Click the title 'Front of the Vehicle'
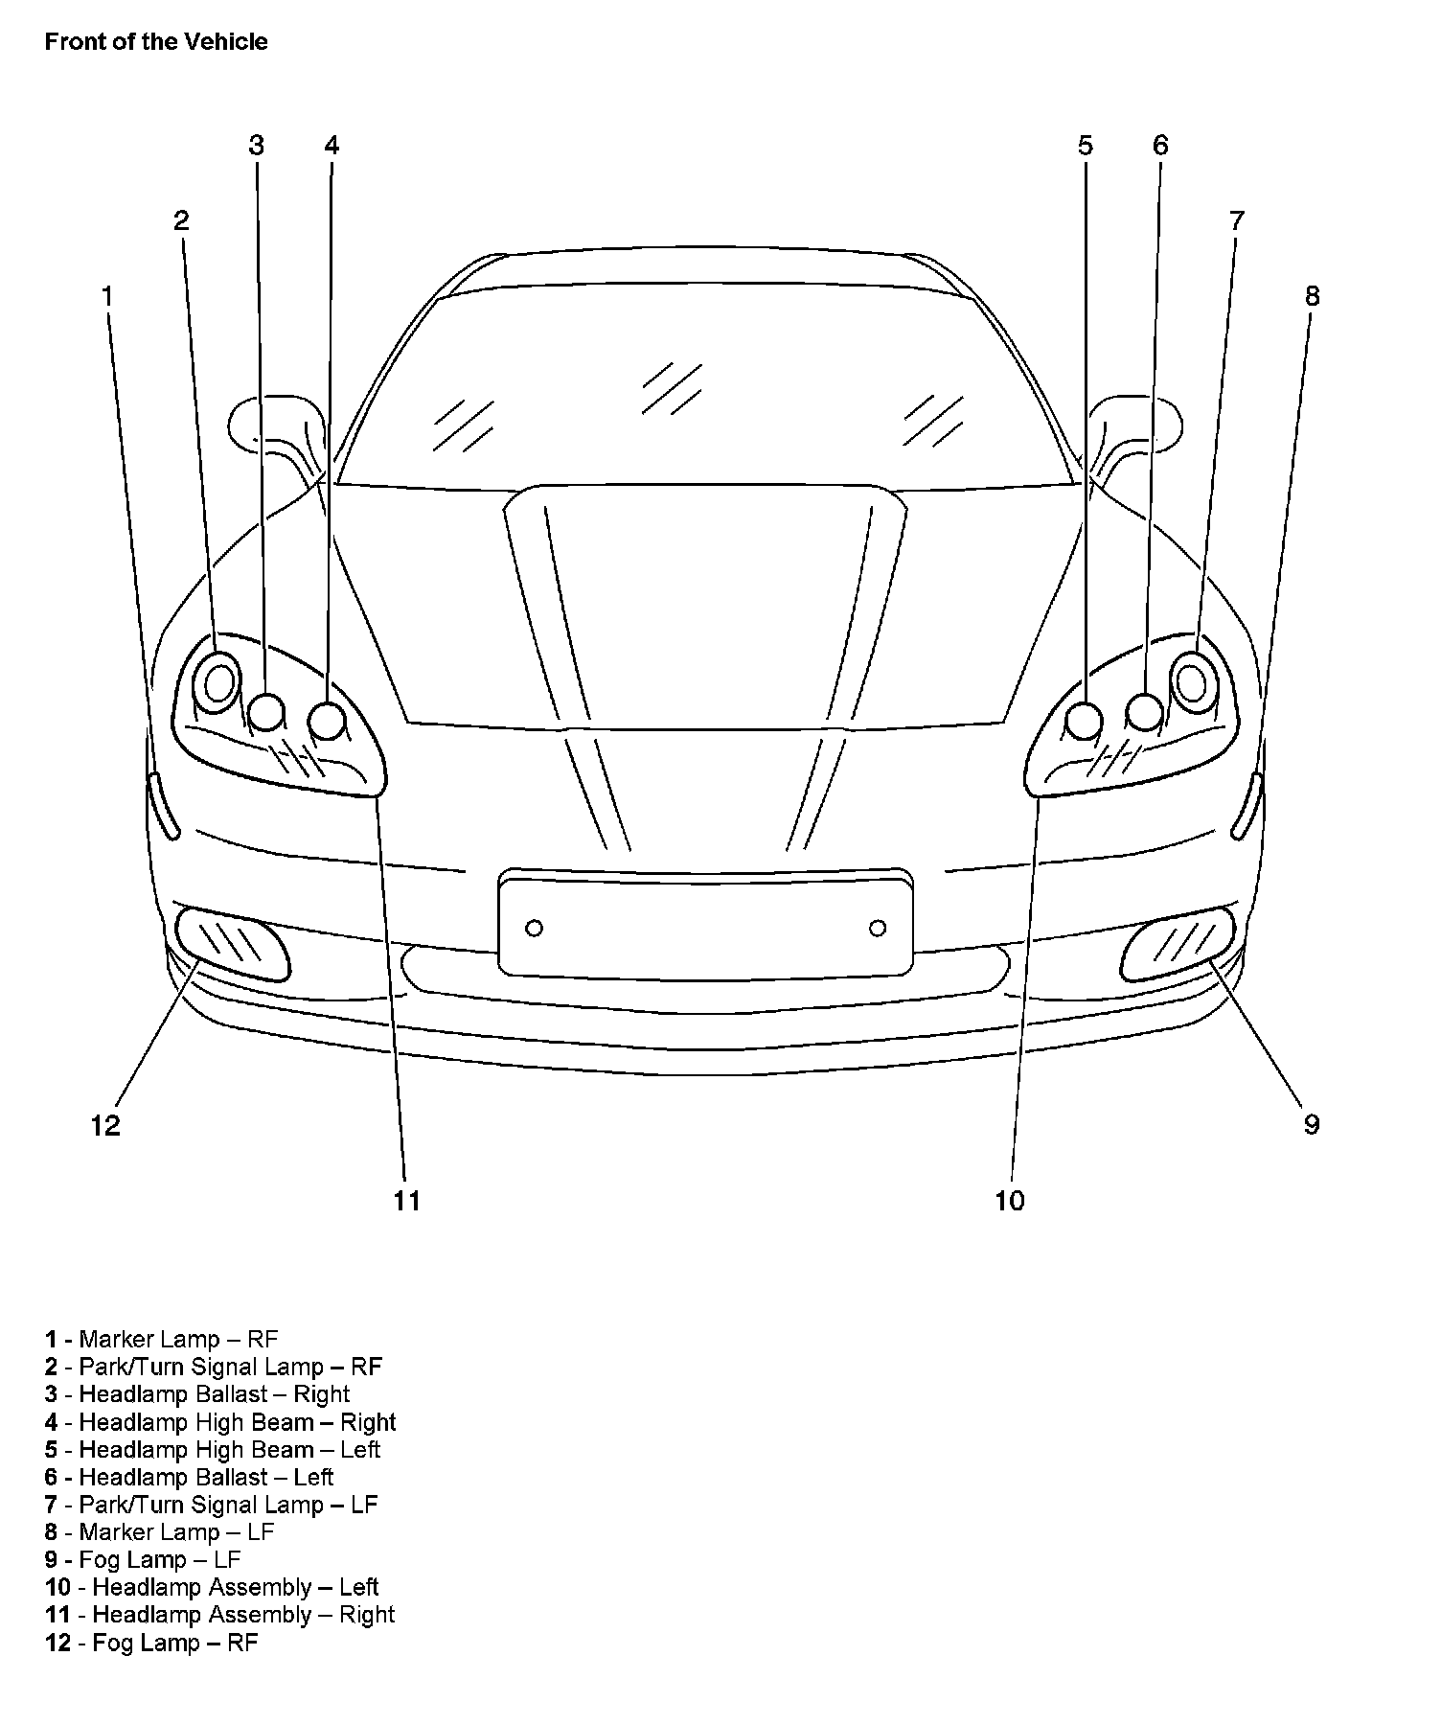[x=156, y=42]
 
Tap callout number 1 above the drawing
[x=107, y=296]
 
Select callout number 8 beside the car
[x=1312, y=296]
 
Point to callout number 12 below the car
[x=105, y=1125]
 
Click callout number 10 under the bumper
[x=1010, y=1200]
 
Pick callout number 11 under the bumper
[x=407, y=1200]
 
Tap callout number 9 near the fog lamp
[x=1312, y=1124]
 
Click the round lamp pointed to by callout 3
[x=266, y=712]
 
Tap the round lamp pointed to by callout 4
[x=328, y=721]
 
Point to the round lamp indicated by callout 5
[x=1085, y=721]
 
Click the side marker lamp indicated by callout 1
[x=164, y=806]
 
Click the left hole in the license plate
[x=535, y=928]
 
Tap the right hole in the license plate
[x=878, y=928]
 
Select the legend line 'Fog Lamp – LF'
[x=143, y=1559]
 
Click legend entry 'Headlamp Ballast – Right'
[x=197, y=1393]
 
